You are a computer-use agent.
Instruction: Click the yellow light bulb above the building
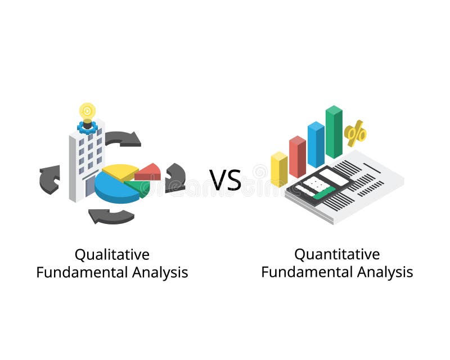pyautogui.click(x=87, y=110)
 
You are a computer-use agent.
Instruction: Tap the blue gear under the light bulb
pyautogui.click(x=87, y=127)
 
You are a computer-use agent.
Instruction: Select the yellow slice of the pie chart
pyautogui.click(x=120, y=172)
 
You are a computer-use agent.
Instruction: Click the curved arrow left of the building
pyautogui.click(x=49, y=179)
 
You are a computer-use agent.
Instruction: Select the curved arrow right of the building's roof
pyautogui.click(x=123, y=138)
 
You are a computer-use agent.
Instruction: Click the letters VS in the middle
pyautogui.click(x=226, y=179)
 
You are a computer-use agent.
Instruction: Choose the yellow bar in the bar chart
pyautogui.click(x=279, y=169)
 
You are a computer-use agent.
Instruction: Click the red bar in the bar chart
pyautogui.click(x=297, y=156)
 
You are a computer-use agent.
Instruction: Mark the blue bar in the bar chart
pyautogui.click(x=316, y=145)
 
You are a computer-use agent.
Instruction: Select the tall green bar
pyautogui.click(x=334, y=132)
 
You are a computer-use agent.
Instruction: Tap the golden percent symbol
pyautogui.click(x=355, y=134)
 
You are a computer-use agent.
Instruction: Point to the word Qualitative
pyautogui.click(x=112, y=255)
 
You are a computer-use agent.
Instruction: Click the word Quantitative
pyautogui.click(x=337, y=255)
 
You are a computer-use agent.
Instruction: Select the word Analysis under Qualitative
pyautogui.click(x=160, y=273)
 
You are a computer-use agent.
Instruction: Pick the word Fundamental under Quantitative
pyautogui.click(x=307, y=273)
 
